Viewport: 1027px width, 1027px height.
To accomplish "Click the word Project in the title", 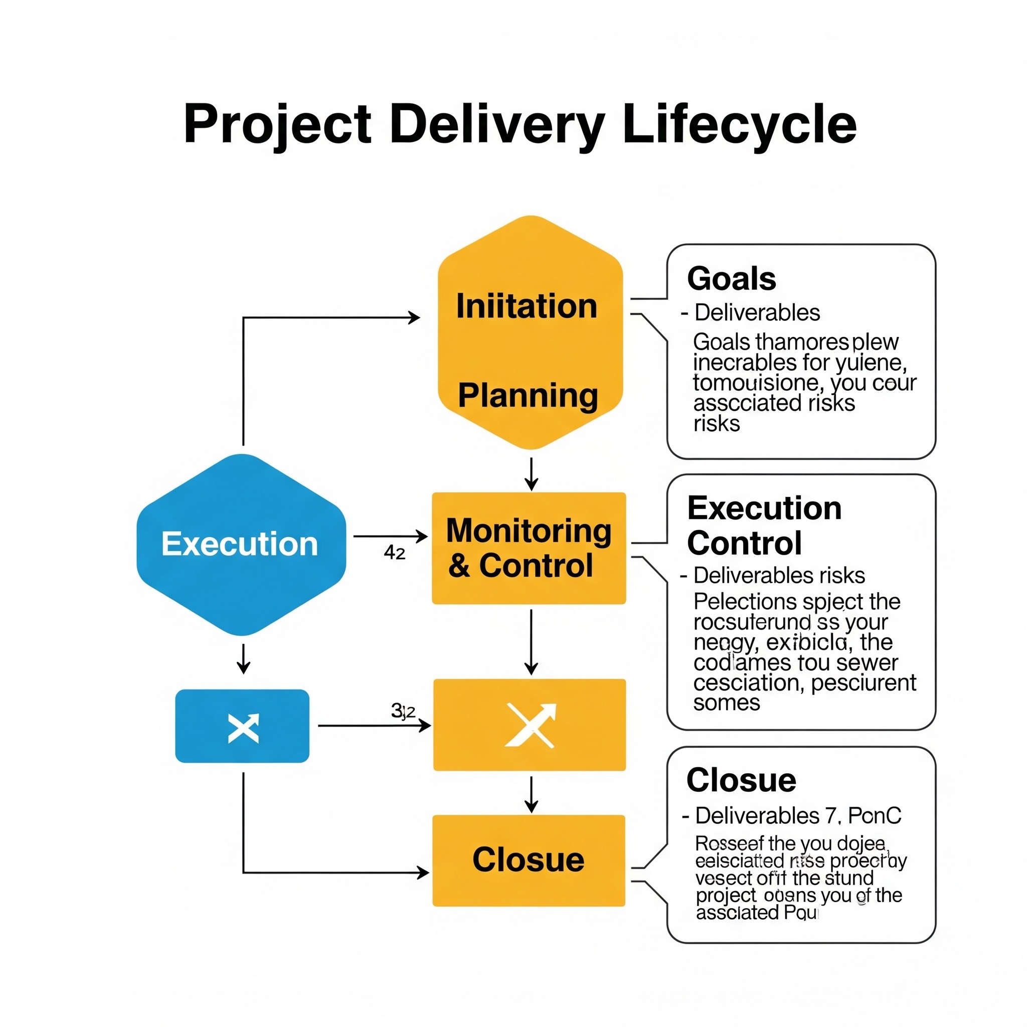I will pos(277,125).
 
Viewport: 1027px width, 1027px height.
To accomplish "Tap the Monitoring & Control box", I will pos(529,548).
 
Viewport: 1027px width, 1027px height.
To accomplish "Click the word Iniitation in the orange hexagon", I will pos(526,307).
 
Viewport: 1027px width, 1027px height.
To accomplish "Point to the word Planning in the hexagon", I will pos(528,396).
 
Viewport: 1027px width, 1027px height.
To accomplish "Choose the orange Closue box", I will pos(529,860).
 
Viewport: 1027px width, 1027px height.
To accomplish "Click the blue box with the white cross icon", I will pos(242,726).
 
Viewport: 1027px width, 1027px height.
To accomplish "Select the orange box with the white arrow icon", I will pos(530,725).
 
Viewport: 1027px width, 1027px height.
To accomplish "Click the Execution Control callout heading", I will pos(764,525).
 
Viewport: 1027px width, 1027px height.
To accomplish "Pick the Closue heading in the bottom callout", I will pos(741,780).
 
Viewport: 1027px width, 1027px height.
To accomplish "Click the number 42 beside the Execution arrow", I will pos(395,553).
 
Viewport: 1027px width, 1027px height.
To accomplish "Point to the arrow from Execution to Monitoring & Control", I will pos(390,537).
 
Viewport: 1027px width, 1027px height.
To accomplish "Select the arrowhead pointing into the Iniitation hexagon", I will pos(414,318).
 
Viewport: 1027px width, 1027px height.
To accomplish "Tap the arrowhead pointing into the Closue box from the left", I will pos(423,873).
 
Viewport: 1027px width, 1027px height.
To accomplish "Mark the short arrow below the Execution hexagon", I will pos(243,659).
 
